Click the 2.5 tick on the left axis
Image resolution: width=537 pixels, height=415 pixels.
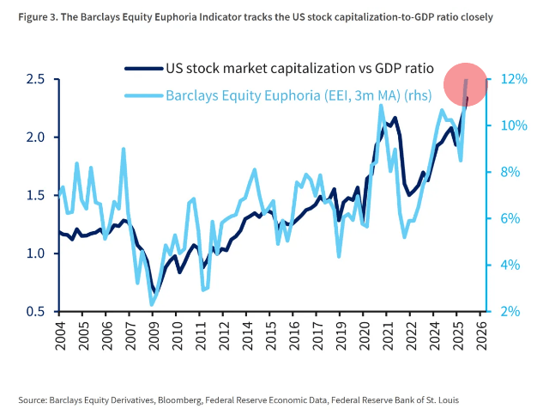pos(34,79)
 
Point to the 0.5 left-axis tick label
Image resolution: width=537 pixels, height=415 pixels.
pos(34,311)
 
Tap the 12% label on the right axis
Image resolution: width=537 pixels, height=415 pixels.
pos(511,79)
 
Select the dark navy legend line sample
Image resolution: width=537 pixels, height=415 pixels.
pos(142,68)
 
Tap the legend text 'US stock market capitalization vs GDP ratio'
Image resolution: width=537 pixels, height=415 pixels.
pos(299,68)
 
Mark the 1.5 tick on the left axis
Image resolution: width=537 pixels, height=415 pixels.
pos(34,195)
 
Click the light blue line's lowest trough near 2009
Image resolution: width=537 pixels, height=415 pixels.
pos(152,304)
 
